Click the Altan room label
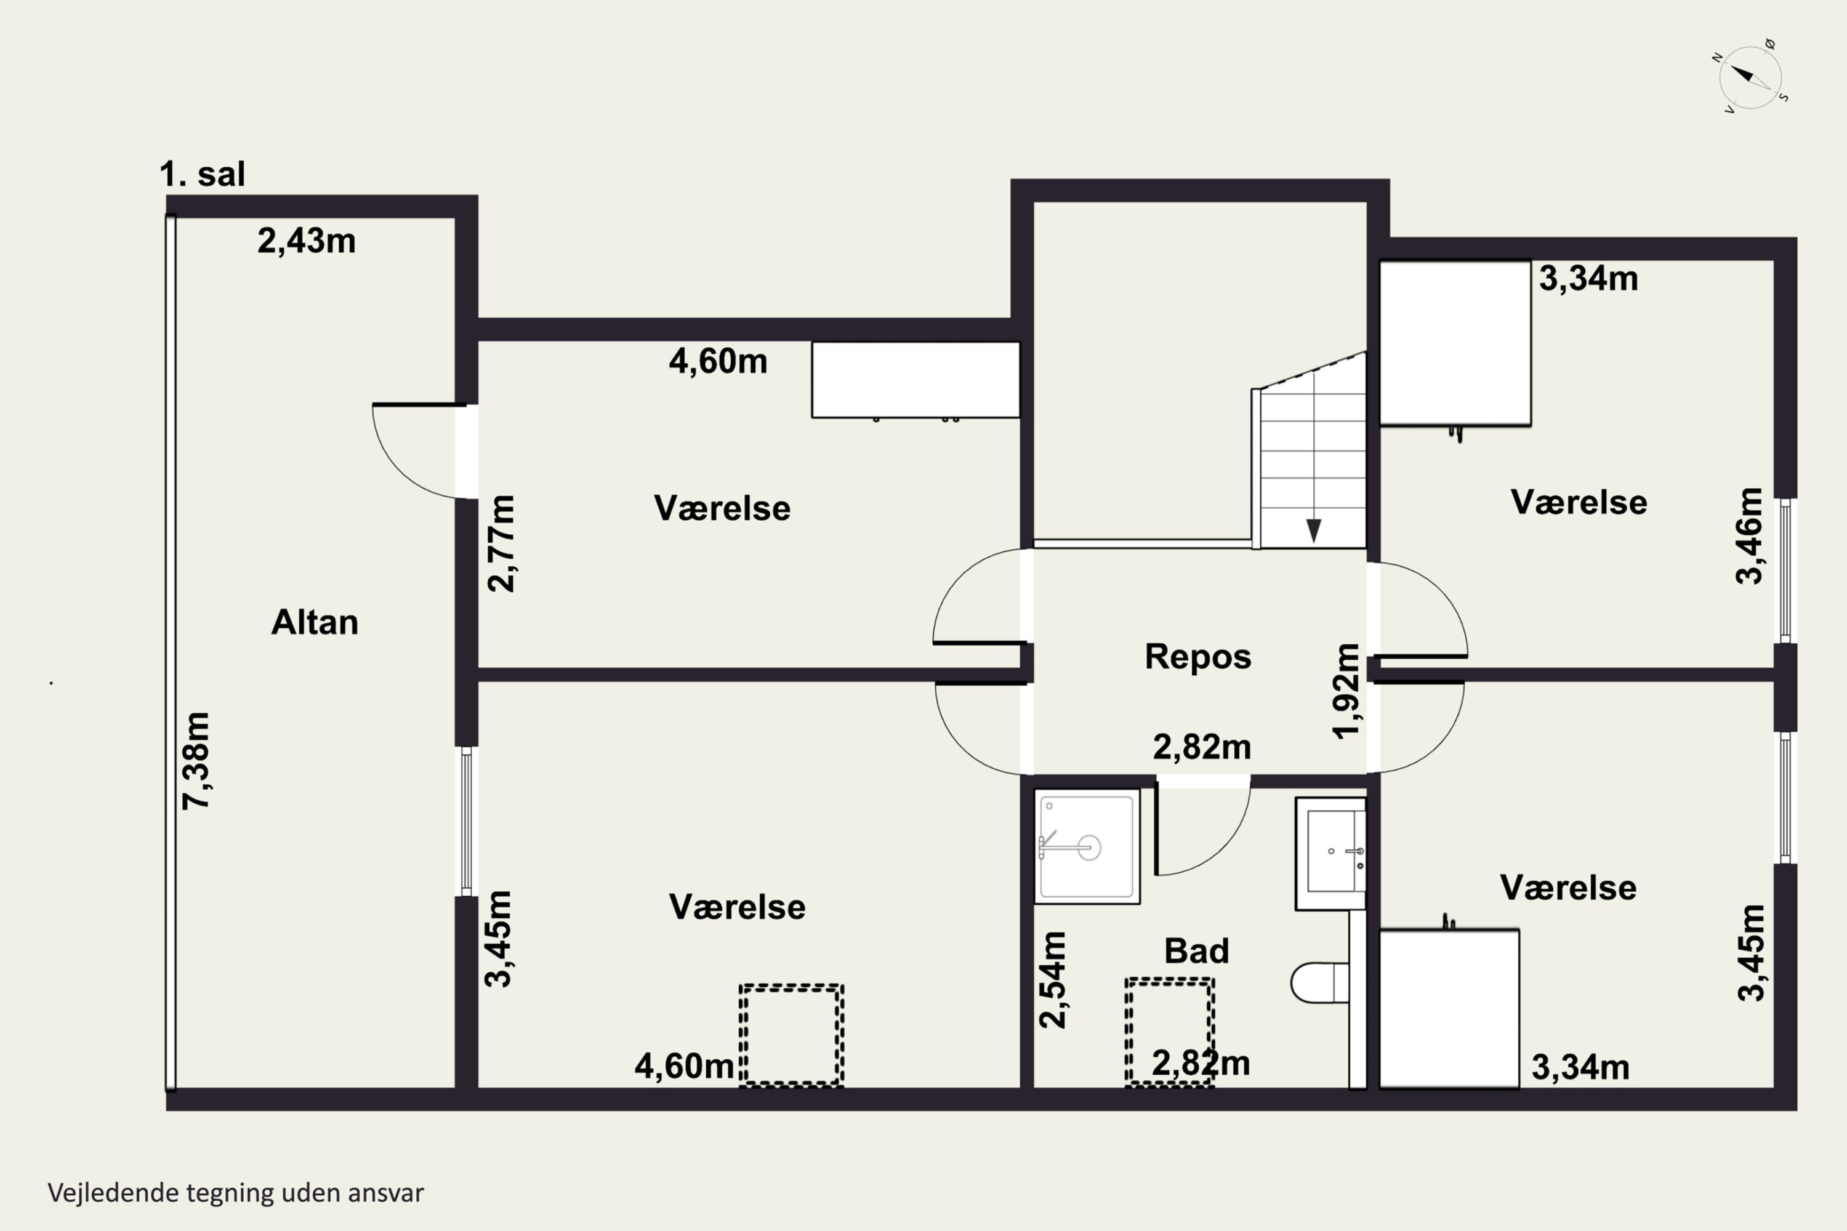[x=315, y=622]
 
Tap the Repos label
[x=1197, y=656]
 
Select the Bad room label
[x=1196, y=951]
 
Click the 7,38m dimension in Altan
[x=196, y=760]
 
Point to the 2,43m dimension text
[x=306, y=241]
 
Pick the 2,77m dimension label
[x=501, y=543]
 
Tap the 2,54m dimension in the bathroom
[x=1052, y=979]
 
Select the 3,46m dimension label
[x=1749, y=536]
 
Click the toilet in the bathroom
[x=1319, y=983]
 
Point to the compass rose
[x=1750, y=77]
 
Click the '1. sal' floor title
[x=203, y=174]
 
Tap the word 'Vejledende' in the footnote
[x=113, y=1193]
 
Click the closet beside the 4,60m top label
[x=915, y=380]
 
